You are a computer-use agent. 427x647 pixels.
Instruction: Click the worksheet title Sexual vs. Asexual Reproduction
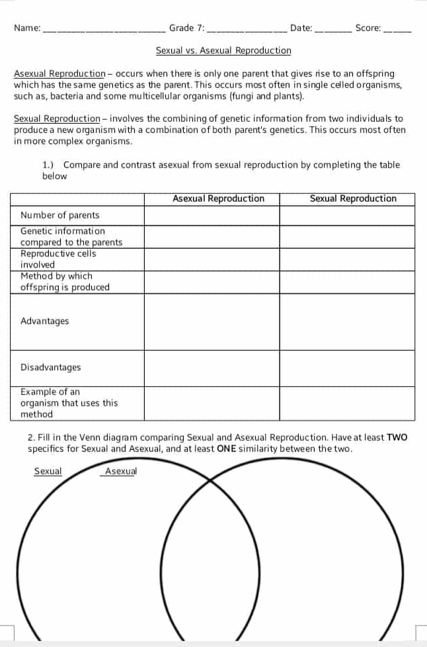tap(223, 50)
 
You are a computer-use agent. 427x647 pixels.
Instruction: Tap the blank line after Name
tap(104, 29)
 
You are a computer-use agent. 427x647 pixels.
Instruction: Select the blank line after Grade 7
tap(247, 29)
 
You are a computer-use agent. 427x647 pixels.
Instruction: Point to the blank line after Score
tap(397, 29)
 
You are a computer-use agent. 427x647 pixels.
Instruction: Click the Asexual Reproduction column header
tap(218, 198)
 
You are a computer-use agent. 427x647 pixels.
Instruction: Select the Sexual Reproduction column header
tap(353, 198)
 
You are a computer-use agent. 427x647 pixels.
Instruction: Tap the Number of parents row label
tap(60, 215)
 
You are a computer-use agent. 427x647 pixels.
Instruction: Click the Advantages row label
tap(45, 321)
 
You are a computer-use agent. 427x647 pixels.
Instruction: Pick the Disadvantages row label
tap(51, 367)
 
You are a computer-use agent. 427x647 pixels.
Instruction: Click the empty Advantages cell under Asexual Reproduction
tap(212, 322)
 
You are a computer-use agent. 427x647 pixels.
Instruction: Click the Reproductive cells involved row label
tap(58, 259)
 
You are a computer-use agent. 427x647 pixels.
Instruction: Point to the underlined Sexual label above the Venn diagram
tap(48, 471)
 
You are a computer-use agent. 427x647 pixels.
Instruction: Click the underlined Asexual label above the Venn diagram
tap(120, 471)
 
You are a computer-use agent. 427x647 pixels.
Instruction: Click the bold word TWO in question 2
tap(397, 437)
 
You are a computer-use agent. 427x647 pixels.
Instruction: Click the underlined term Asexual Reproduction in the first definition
tap(59, 73)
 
